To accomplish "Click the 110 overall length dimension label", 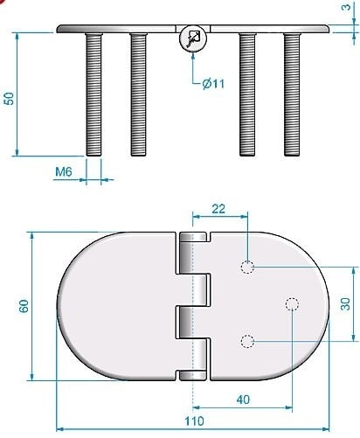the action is [x=194, y=421].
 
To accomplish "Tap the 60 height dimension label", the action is [x=24, y=306].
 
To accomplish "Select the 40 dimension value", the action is [x=243, y=400].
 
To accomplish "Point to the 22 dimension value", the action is [x=218, y=209].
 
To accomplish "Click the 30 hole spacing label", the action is [x=345, y=304].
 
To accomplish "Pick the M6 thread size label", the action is [x=64, y=172].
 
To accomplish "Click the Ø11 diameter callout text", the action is [x=213, y=84].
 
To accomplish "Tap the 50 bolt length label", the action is [x=9, y=99].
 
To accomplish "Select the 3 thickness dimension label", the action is [x=346, y=6].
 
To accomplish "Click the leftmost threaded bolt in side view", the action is [x=93, y=94].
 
